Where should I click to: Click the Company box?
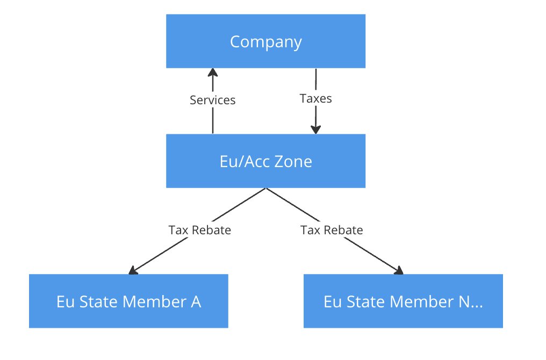265,41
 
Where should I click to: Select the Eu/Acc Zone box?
265,161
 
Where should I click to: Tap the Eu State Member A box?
128,301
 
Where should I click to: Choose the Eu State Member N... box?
403,301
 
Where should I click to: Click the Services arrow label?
213,100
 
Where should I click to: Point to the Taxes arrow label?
315,98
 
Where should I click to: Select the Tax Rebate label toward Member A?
200,230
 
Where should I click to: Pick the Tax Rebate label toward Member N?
332,230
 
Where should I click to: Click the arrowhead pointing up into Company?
213,73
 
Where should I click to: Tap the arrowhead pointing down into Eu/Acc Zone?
315,129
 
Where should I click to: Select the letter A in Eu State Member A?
196,301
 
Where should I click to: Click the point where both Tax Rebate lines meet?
265,188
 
